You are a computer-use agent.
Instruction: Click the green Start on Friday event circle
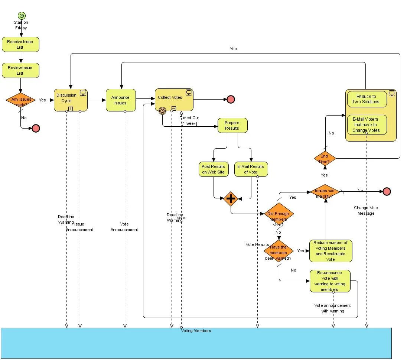click(22, 16)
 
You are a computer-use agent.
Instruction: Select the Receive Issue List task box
click(20, 44)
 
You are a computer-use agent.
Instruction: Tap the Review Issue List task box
click(20, 70)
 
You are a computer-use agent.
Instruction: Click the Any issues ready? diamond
click(20, 100)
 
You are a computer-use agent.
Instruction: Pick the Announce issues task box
click(121, 100)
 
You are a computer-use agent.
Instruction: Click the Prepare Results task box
click(232, 125)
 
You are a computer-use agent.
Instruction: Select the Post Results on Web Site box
click(214, 169)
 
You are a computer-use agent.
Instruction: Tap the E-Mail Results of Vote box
click(251, 169)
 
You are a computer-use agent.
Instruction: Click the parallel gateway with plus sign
click(231, 199)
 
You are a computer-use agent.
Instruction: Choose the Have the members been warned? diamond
click(279, 251)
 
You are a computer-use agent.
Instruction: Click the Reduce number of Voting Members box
click(331, 251)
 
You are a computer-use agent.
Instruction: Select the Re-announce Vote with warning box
click(330, 281)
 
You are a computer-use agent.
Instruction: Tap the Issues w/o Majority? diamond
click(325, 191)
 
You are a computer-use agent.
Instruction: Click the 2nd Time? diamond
click(325, 159)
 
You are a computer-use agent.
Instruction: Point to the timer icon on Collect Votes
click(162, 111)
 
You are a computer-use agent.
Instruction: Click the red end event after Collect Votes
click(231, 99)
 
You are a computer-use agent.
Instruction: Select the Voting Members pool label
click(196, 331)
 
